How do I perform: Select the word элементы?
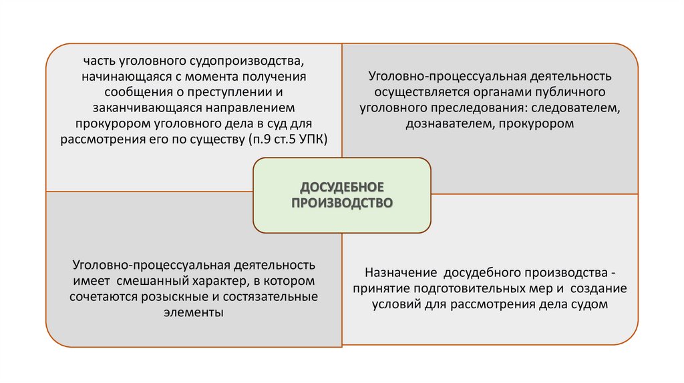click(x=194, y=312)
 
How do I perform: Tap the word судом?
click(x=590, y=305)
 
